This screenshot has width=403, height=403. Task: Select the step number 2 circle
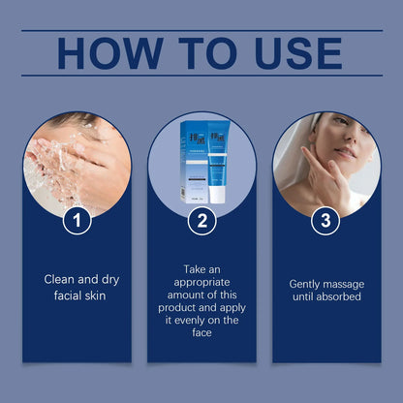click(x=201, y=221)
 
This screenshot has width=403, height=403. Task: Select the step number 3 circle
click(x=325, y=221)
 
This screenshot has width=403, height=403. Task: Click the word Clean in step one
click(x=60, y=279)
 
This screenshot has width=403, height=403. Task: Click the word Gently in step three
click(x=309, y=284)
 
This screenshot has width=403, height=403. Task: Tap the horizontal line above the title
click(x=201, y=30)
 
